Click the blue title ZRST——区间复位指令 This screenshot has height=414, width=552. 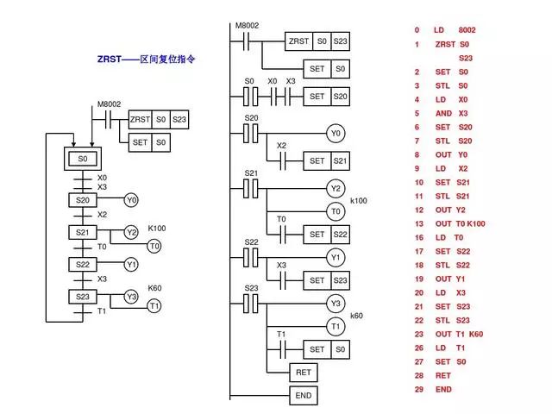(147, 60)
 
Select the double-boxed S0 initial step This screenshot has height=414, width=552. (83, 160)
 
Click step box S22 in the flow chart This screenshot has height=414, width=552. (83, 264)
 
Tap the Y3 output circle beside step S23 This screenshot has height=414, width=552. (131, 296)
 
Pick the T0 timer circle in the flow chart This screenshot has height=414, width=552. (154, 246)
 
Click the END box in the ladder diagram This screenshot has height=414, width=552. (303, 395)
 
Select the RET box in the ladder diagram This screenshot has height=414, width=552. (303, 373)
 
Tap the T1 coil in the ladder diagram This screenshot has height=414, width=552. (336, 326)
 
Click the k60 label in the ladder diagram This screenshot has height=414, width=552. (356, 316)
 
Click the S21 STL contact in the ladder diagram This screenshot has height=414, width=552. (251, 187)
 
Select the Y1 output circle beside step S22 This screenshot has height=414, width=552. (131, 264)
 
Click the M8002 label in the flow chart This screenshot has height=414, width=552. (109, 104)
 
